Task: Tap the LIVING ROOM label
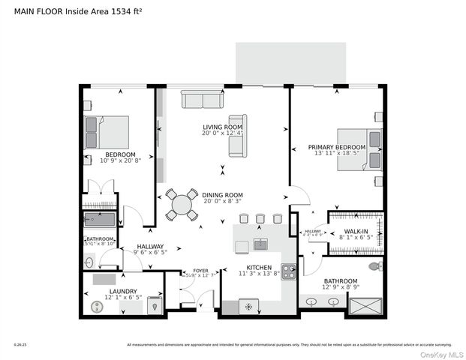222,127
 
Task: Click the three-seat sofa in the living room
202,100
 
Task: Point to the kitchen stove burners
288,271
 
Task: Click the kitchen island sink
260,244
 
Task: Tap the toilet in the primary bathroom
374,266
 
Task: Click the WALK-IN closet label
356,232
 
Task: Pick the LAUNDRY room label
122,291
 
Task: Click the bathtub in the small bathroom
98,220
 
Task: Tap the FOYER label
200,271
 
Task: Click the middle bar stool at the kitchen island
260,219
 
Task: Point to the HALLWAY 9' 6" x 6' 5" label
150,249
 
